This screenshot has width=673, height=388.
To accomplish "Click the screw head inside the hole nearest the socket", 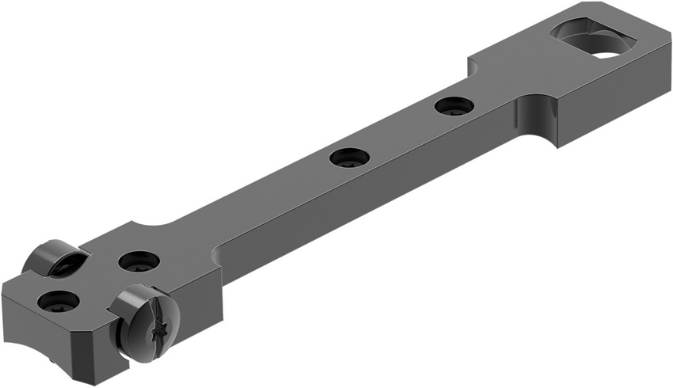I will coord(454,106).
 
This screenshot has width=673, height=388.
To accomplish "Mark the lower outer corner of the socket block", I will coord(559,147).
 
